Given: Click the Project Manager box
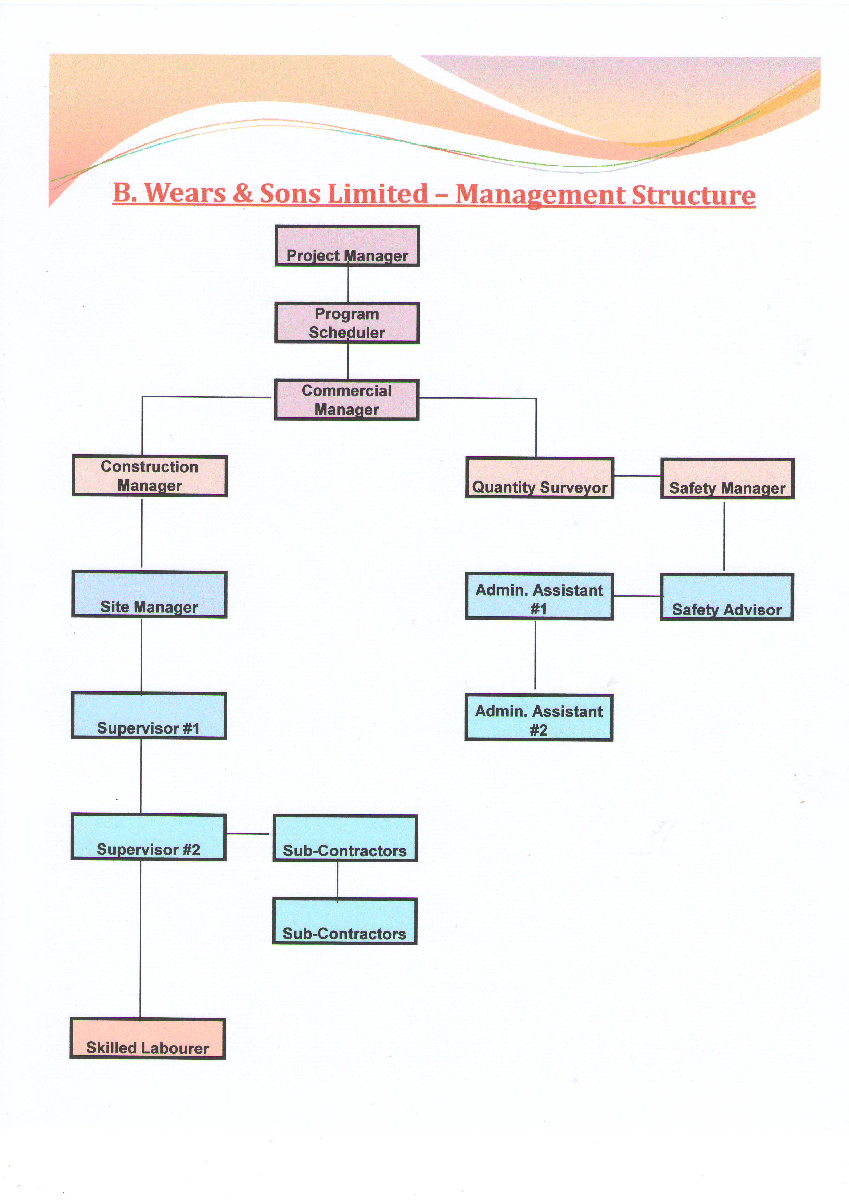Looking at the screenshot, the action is coord(347,246).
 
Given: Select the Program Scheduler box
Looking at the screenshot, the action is coord(347,323).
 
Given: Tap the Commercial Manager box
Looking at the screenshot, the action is coord(347,400).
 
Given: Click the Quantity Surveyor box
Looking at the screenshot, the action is coord(540,478).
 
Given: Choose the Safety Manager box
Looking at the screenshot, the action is coord(727,478).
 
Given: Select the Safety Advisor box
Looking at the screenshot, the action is coord(727,597).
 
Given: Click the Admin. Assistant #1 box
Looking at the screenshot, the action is coord(539,596).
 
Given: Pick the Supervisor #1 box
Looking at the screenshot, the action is coord(149,716).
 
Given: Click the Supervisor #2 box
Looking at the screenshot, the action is coord(149,837).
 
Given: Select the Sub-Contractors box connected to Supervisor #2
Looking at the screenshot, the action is coord(345,838).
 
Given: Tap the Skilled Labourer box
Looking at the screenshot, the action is coord(148,1038).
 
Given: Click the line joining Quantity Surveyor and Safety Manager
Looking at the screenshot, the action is coord(638,476).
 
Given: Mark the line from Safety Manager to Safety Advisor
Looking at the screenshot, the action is coord(724,536).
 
